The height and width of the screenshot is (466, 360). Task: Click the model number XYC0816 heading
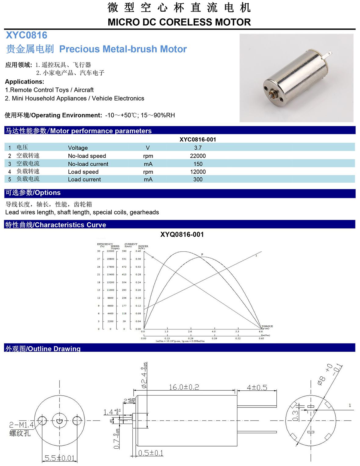pos(27,35)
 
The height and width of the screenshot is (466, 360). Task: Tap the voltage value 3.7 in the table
pos(198,148)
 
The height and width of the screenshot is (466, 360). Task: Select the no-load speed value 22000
pos(198,156)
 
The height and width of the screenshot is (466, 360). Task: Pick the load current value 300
pos(198,179)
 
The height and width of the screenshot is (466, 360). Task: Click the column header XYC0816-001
pos(198,140)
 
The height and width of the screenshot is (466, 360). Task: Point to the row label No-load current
pos(88,164)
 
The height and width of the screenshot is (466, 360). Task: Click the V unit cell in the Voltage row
pos(148,148)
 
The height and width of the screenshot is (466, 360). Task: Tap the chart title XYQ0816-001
pos(182,235)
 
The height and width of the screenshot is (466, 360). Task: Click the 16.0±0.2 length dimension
pos(184,387)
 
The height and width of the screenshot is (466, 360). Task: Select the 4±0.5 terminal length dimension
pos(257,387)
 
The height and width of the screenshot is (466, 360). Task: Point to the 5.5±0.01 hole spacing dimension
pos(59,458)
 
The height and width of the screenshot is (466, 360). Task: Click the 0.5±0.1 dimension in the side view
pos(151,453)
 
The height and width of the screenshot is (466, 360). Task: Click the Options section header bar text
pos(33,193)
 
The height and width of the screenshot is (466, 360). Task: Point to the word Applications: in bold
pos(25,82)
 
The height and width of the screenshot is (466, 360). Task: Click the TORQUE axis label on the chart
pos(267,326)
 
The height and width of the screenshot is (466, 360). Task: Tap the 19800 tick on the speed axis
pos(110,259)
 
